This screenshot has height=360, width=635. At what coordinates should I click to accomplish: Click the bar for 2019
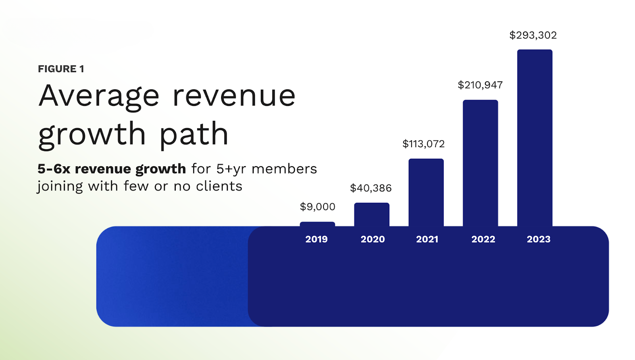pos(317,224)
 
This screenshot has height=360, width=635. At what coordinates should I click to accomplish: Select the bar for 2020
pos(371,215)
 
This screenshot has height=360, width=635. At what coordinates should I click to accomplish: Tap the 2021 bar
pos(426,193)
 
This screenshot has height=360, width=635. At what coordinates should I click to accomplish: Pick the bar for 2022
pos(480,163)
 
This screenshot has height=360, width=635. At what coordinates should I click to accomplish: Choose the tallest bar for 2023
pos(535,138)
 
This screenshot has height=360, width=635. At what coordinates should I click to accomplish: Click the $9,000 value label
pos(317,207)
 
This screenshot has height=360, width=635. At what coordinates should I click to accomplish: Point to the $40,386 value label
pos(371,188)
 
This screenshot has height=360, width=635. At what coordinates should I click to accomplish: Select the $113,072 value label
pos(423,144)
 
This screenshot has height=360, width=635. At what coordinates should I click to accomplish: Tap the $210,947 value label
pos(480,85)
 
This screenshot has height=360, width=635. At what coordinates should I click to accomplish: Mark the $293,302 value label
pos(533,35)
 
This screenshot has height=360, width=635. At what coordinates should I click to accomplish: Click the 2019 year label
pos(316,239)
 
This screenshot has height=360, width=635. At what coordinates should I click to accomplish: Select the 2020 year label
pos(373,239)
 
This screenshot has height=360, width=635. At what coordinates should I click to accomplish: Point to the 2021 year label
pos(427,239)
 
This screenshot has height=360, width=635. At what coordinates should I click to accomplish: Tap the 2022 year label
pos(483,239)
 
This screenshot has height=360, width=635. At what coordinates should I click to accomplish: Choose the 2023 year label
pos(539,239)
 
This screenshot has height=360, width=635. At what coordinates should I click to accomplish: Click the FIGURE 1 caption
pos(61,69)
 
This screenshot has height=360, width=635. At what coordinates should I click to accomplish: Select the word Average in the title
pos(99,96)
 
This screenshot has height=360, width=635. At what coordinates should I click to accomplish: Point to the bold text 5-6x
pos(54,169)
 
